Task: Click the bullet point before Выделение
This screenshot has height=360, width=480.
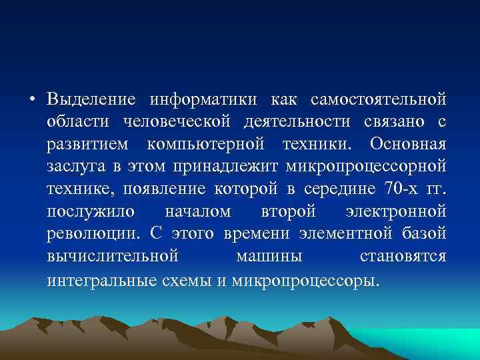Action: click(x=33, y=101)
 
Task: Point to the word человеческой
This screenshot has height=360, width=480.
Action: click(x=177, y=123)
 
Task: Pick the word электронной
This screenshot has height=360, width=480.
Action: click(x=396, y=212)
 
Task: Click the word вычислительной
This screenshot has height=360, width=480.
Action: click(x=112, y=257)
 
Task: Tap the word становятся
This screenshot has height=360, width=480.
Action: click(x=403, y=257)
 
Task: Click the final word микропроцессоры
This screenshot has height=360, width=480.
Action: click(x=305, y=279)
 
